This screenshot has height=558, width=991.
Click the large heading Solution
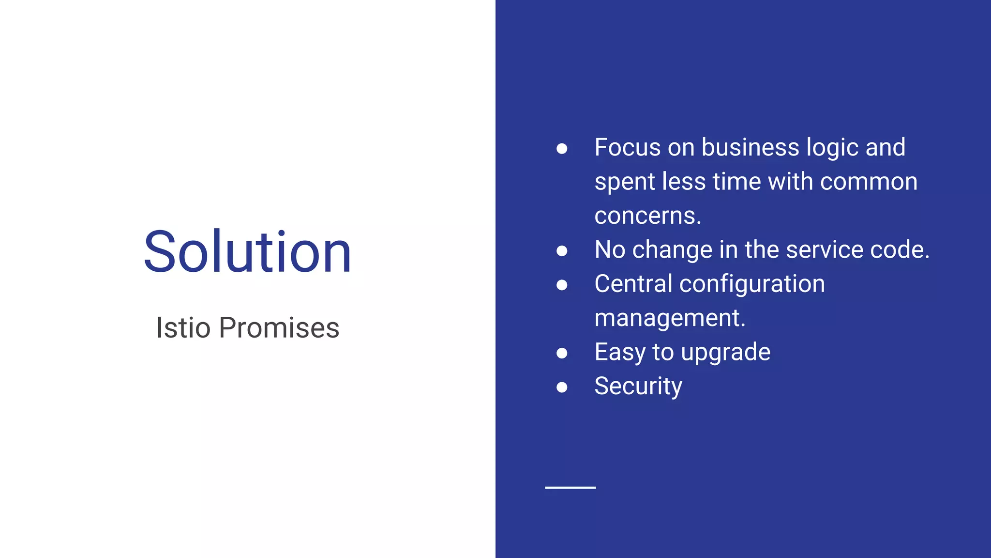coord(247,252)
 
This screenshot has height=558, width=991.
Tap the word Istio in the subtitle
coord(183,328)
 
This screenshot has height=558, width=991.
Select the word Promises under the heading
coord(279,328)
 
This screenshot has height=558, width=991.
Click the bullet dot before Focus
coord(562,148)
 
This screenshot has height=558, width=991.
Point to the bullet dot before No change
coord(562,250)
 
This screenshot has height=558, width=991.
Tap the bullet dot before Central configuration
coord(562,285)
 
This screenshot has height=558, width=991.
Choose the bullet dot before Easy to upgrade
coord(562,353)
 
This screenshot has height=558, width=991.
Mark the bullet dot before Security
coord(562,387)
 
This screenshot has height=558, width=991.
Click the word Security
coord(638,387)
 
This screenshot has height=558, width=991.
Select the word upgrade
coord(725,353)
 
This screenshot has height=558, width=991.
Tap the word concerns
coord(647,216)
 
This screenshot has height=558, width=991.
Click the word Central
coord(633,284)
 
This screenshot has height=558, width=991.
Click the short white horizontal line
coord(570,487)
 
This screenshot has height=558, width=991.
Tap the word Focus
coord(627,147)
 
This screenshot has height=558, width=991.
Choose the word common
coord(869,182)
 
